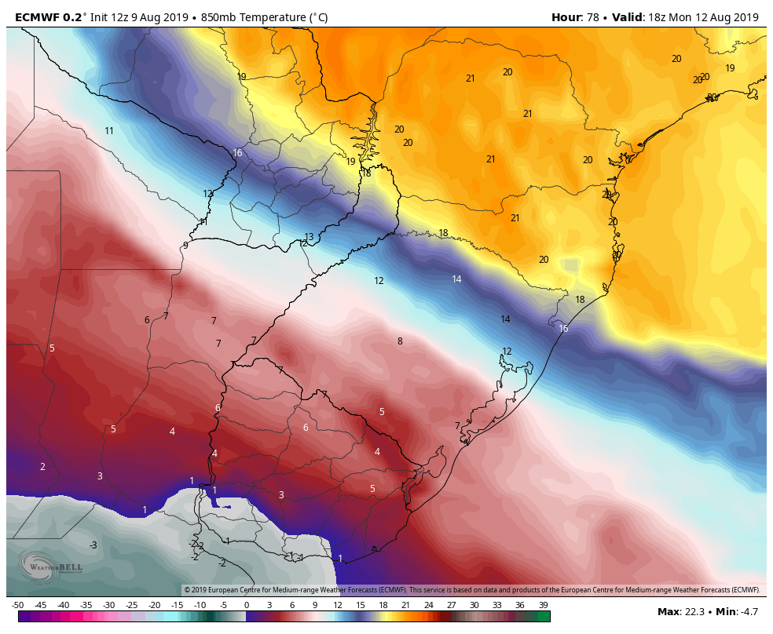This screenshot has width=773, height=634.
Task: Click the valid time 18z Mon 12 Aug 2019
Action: coord(703,17)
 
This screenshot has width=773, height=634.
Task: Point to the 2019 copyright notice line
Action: coord(471,590)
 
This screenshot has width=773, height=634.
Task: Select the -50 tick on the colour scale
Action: coord(18,605)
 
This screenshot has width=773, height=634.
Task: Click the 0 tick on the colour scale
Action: coord(247,605)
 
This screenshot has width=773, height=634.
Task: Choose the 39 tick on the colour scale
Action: coord(543,605)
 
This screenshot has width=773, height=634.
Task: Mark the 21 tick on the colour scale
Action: coord(406,605)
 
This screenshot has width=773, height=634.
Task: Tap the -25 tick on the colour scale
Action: coord(132,605)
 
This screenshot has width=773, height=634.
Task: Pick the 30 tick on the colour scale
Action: coord(474,605)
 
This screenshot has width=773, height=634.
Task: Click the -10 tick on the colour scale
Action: coord(200,605)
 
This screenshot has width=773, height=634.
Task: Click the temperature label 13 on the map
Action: coord(309,237)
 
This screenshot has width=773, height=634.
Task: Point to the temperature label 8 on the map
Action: coord(400,341)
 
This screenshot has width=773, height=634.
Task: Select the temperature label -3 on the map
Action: coord(93,545)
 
